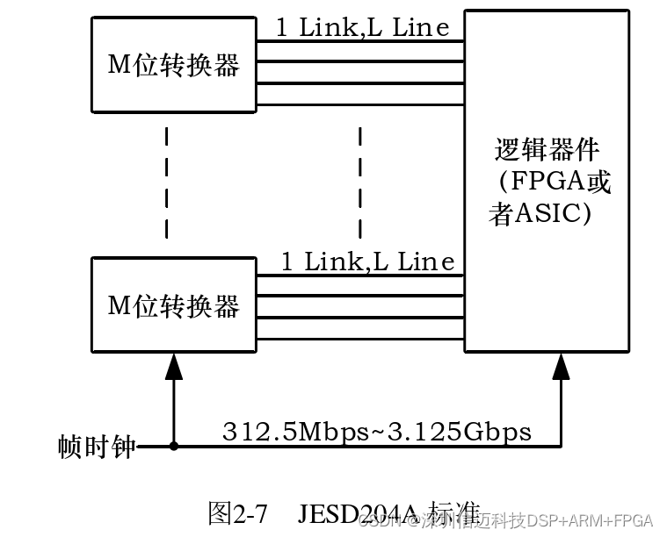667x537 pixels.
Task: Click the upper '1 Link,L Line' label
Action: (362, 28)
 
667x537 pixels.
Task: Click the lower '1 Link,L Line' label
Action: (367, 261)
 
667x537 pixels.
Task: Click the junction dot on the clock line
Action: (174, 447)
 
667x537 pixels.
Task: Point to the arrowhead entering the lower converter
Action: (174, 365)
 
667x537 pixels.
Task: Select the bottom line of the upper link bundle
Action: (359, 104)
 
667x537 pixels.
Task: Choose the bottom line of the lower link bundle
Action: (359, 338)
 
